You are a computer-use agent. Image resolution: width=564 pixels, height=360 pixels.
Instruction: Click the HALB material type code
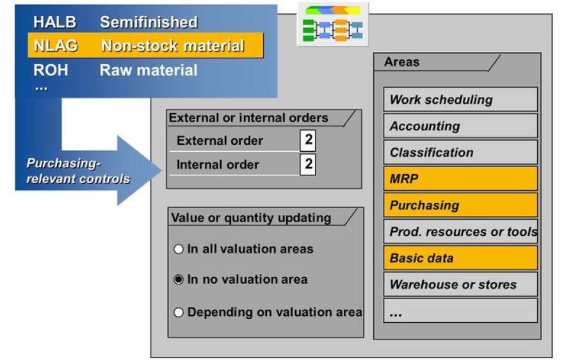click(54, 23)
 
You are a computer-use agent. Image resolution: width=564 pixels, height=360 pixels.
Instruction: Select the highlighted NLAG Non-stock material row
click(145, 46)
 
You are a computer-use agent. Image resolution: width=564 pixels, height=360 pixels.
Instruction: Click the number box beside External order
click(308, 141)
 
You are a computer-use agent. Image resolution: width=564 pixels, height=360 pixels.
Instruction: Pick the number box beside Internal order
click(308, 164)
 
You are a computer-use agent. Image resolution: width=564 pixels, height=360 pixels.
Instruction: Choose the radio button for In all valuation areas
click(179, 249)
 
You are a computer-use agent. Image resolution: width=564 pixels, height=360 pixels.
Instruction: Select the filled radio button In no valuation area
click(179, 280)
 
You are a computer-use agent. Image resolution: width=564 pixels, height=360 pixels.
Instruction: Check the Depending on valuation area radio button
click(179, 313)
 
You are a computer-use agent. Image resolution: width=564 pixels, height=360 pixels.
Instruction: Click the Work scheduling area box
click(460, 100)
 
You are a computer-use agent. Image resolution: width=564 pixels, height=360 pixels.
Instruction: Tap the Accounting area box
click(460, 126)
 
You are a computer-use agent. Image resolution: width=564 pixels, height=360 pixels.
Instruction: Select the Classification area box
click(460, 152)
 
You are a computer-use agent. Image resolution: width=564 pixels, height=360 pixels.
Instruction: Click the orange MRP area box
click(460, 179)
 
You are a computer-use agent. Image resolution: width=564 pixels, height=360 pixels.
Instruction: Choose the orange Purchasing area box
click(460, 205)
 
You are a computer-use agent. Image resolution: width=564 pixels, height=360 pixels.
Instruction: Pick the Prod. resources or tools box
click(460, 231)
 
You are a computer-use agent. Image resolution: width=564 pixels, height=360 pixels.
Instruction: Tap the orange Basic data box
click(460, 258)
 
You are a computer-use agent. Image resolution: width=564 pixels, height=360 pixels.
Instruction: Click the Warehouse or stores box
click(460, 284)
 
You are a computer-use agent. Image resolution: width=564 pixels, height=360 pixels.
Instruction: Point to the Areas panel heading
click(402, 62)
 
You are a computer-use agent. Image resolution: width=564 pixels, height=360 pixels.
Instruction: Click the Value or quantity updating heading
click(251, 218)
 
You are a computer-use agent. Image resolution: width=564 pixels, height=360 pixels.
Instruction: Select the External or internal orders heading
click(248, 118)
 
